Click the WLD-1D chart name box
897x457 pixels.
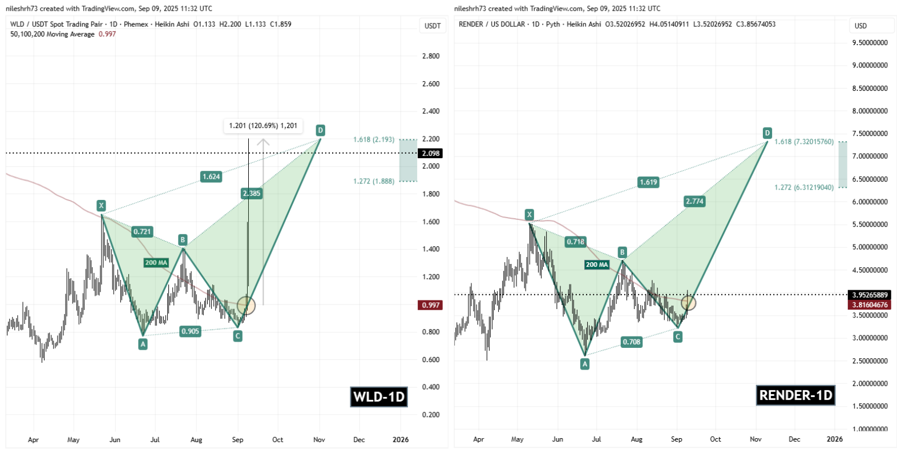tap(379, 396)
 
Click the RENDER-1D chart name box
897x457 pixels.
tap(795, 395)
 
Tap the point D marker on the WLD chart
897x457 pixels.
tap(320, 130)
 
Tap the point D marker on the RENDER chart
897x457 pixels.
tap(767, 133)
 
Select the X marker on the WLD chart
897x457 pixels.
tap(101, 206)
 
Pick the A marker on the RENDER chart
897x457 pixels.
tap(584, 364)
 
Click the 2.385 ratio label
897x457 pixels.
tap(252, 193)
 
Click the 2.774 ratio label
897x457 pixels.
tap(694, 201)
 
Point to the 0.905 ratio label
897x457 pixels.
tap(190, 331)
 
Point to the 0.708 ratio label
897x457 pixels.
tap(631, 342)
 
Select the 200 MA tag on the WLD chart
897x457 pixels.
tap(156, 263)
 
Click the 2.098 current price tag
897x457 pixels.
tap(431, 153)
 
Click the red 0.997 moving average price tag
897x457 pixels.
tap(431, 305)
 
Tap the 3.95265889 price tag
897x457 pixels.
tap(870, 295)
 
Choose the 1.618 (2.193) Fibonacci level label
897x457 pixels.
tap(374, 139)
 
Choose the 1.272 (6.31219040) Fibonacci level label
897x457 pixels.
tap(803, 187)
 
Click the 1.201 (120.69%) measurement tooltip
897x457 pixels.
tap(263, 126)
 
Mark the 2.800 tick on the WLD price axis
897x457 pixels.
tap(431, 56)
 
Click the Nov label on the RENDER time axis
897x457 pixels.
tap(755, 439)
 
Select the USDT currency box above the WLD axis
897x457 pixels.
tap(433, 26)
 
